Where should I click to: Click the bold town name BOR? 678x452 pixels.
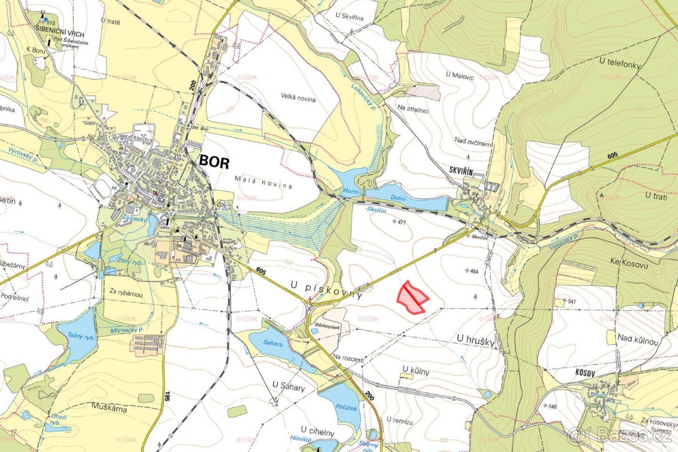point(215,163)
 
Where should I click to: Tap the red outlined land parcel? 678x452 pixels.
point(412,297)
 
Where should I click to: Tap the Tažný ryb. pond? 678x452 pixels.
point(77,337)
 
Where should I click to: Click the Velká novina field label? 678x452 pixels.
point(298,98)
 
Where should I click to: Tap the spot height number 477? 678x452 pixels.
point(402,222)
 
